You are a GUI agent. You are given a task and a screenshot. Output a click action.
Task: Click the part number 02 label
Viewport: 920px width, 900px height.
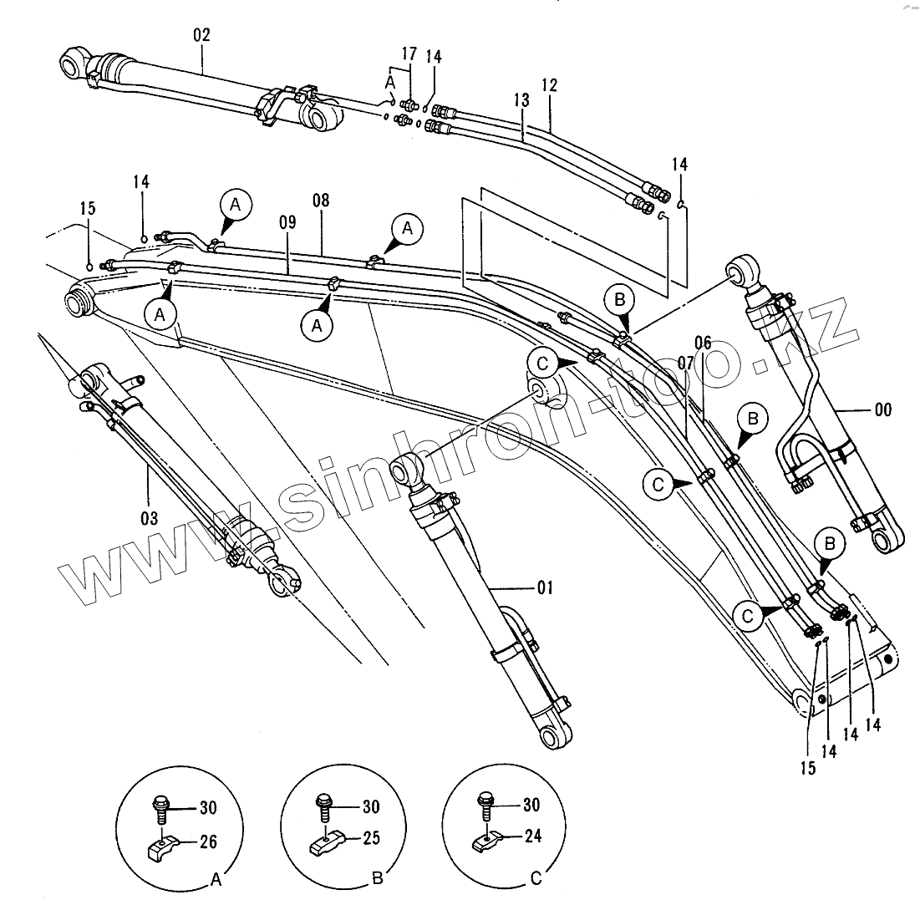(x=201, y=35)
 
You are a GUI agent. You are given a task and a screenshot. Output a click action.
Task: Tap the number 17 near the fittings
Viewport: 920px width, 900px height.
(x=408, y=54)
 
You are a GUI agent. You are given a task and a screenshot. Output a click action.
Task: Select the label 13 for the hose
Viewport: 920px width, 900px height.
(x=521, y=100)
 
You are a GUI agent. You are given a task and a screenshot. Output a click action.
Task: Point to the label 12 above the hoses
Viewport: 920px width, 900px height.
(x=549, y=84)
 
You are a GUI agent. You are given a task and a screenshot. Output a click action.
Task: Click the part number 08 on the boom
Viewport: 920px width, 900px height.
(x=322, y=201)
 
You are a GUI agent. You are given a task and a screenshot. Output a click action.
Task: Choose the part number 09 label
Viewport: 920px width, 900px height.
(x=287, y=223)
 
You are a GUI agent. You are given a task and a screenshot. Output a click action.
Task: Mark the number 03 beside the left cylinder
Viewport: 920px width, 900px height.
(x=148, y=518)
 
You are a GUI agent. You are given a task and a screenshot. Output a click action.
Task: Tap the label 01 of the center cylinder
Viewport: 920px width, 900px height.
(x=544, y=588)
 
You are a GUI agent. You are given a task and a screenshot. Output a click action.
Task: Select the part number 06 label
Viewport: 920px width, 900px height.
(x=703, y=342)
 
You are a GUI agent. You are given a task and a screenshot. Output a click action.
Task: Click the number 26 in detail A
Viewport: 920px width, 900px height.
(x=208, y=842)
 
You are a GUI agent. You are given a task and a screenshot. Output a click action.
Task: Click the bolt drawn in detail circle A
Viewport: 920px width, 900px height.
(x=160, y=807)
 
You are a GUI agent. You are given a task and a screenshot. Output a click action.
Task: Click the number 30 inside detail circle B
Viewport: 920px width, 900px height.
(x=370, y=807)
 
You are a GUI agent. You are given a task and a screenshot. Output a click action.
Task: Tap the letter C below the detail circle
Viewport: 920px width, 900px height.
(x=536, y=878)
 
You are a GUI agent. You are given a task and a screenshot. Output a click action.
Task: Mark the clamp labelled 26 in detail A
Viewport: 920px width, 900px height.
(x=162, y=849)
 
